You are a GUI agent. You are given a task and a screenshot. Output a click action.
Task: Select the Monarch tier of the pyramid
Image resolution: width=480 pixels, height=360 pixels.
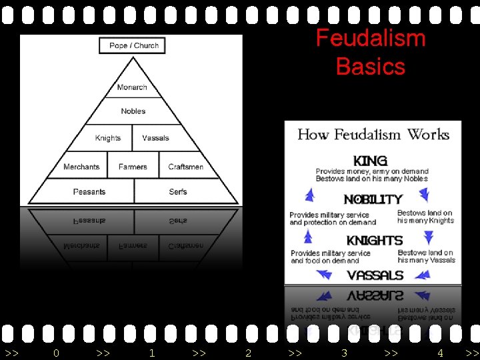pyautogui.click(x=132, y=87)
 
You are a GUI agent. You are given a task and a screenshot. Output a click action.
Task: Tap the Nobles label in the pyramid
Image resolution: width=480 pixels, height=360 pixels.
pyautogui.click(x=133, y=111)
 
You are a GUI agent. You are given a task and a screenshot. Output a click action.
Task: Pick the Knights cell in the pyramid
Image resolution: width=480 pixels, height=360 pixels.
pyautogui.click(x=108, y=138)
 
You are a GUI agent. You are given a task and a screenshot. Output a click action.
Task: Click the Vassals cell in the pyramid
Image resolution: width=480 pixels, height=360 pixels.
pyautogui.click(x=155, y=138)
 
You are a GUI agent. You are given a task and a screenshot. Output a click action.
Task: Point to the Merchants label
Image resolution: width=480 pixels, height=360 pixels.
pyautogui.click(x=81, y=167)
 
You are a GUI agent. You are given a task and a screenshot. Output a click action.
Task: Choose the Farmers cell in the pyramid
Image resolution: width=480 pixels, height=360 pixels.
pyautogui.click(x=133, y=167)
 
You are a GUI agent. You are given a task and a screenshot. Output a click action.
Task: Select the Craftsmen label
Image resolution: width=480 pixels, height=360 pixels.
pyautogui.click(x=185, y=167)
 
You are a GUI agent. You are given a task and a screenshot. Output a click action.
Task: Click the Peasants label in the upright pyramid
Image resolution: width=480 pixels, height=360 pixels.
pyautogui.click(x=89, y=192)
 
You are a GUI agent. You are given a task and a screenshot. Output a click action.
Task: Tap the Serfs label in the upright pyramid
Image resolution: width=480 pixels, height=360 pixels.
pyautogui.click(x=178, y=192)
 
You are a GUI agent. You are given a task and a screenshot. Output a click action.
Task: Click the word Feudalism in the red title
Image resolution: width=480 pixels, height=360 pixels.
pyautogui.click(x=370, y=39)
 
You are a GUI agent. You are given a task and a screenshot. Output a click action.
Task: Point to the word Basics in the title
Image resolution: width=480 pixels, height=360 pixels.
pyautogui.click(x=370, y=67)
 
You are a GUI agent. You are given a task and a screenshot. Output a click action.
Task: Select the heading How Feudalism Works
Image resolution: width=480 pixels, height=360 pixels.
pyautogui.click(x=373, y=135)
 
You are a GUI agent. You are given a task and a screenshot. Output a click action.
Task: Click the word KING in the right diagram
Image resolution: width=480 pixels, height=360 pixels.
pyautogui.click(x=370, y=161)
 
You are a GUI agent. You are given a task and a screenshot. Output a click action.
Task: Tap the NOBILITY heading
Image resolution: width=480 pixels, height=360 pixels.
pyautogui.click(x=373, y=199)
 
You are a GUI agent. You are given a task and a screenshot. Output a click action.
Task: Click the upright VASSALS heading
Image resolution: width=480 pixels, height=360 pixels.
pyautogui.click(x=375, y=275)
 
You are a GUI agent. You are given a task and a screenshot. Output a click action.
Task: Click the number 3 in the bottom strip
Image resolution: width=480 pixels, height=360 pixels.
pyautogui.click(x=344, y=353)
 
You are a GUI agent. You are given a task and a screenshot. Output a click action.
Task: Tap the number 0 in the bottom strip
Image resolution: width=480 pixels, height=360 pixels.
pyautogui.click(x=56, y=353)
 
